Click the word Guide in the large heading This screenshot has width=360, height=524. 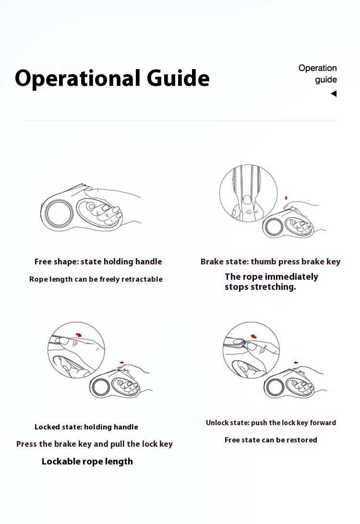click(178, 78)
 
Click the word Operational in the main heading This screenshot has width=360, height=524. click(77, 79)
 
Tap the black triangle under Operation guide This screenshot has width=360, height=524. click(334, 94)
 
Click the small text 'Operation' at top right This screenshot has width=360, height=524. click(318, 68)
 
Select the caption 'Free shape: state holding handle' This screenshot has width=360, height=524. click(98, 262)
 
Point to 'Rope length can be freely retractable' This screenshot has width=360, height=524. click(96, 279)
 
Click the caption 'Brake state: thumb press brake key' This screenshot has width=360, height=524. click(270, 262)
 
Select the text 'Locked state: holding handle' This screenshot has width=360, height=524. click(86, 427)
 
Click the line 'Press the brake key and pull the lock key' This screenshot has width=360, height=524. click(94, 444)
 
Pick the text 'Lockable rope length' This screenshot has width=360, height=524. click(87, 462)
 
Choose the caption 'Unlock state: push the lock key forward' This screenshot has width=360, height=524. click(271, 423)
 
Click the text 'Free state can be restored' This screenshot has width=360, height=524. click(271, 440)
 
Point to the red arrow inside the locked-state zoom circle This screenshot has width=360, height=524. click(79, 334)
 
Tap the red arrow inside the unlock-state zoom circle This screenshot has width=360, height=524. click(254, 336)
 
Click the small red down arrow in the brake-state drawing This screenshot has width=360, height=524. click(286, 198)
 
